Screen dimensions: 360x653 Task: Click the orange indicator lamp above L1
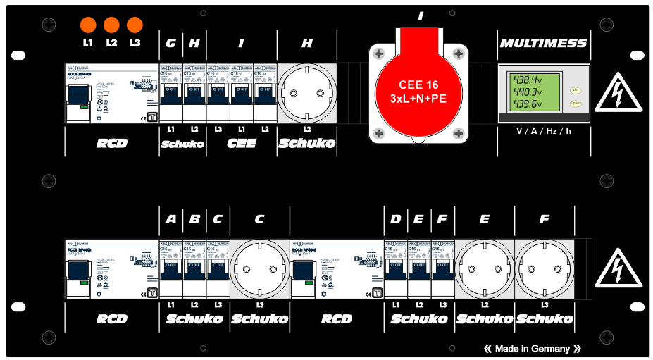coord(88,25)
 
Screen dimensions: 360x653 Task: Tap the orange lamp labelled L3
coord(135,25)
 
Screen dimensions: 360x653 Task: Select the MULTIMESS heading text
coord(543,43)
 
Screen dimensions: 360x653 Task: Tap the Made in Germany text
coord(533,349)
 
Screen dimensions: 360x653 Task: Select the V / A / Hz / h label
coord(542,131)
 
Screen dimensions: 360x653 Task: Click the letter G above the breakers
coord(170,43)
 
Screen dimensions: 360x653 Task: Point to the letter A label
coord(170,219)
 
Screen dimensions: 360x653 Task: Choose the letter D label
coord(395,219)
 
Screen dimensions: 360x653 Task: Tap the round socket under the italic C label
coord(259,269)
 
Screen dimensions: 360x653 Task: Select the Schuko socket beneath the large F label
coord(544,269)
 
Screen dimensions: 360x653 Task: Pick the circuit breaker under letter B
coord(194,268)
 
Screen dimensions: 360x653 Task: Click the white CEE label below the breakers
coord(241,144)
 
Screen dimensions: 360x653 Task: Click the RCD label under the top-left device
coord(111,144)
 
